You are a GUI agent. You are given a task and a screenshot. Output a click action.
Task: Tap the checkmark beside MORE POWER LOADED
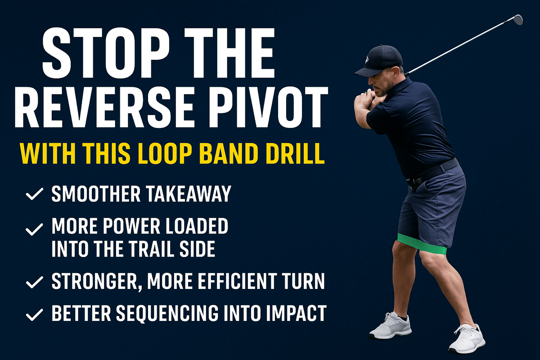tap(34, 229)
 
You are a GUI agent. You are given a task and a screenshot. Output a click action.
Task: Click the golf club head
tap(518, 19)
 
